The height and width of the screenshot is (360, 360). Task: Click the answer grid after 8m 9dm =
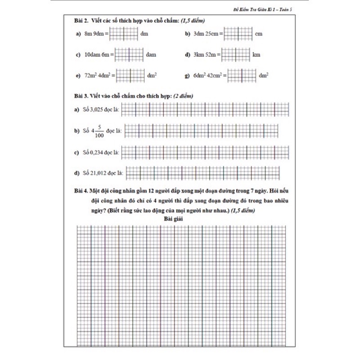click(124, 34)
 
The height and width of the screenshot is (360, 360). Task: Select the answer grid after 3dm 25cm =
click(237, 34)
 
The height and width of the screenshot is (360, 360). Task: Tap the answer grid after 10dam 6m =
click(130, 54)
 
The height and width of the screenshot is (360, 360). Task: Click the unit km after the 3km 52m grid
click(256, 54)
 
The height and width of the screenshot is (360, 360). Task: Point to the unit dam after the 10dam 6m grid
click(151, 54)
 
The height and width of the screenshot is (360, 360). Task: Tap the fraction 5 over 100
click(100, 131)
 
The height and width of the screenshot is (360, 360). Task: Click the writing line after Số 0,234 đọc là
click(204, 153)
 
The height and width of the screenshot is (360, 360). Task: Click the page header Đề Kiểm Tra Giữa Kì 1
click(268, 9)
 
